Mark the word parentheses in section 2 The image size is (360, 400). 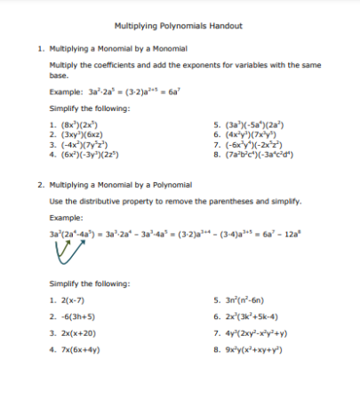(230, 202)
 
